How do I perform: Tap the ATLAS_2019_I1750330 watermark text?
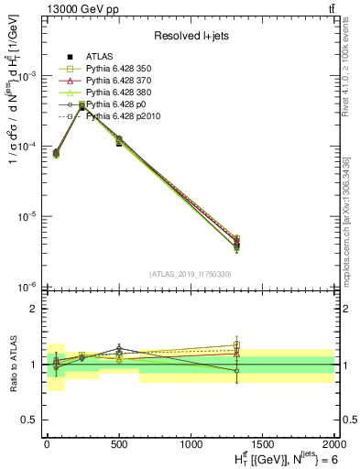click(189, 274)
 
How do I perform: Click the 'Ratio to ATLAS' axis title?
click(13, 365)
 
